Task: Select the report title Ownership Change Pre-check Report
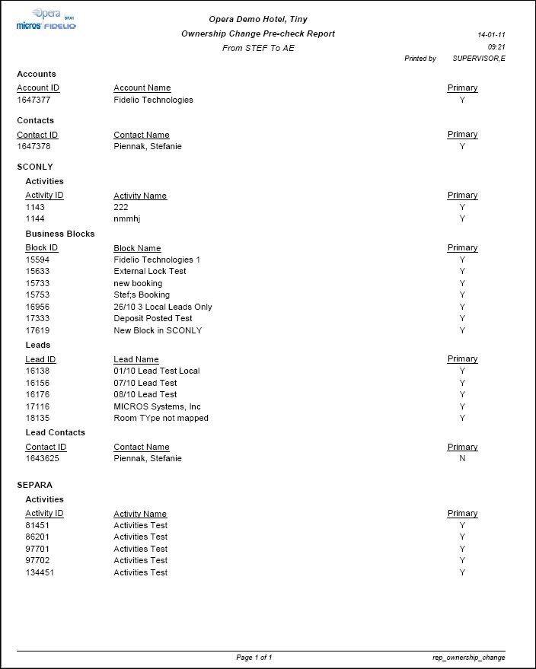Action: pos(258,34)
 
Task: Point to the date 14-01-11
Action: pos(491,35)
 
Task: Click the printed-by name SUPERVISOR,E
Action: pos(479,59)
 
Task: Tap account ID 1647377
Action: pos(33,100)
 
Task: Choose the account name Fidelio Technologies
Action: pos(153,100)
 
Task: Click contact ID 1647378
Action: pos(33,146)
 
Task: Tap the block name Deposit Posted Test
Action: pos(153,318)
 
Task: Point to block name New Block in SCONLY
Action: pos(157,330)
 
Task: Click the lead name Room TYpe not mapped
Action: pos(161,418)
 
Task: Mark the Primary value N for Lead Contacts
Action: pos(462,458)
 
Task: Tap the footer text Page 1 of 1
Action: pos(254,657)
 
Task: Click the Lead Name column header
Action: pos(136,359)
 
